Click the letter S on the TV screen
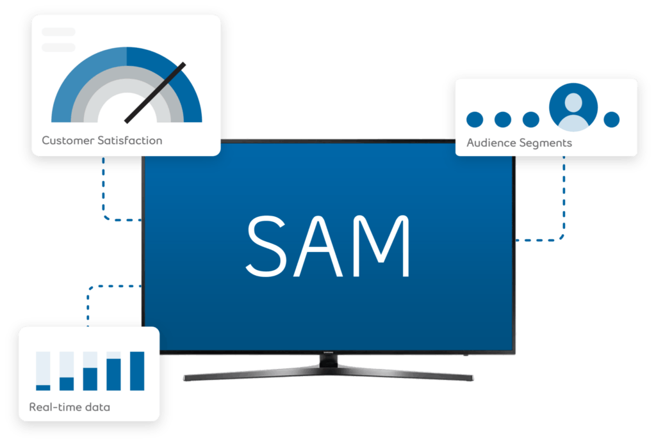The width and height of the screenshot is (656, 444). point(266,246)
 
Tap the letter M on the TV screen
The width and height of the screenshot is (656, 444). point(381,246)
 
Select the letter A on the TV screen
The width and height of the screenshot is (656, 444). point(318,246)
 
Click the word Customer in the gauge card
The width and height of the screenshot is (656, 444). point(68,140)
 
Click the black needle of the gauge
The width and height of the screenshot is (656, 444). point(155,93)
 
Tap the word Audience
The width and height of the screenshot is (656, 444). point(491,143)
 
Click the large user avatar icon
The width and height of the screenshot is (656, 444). point(573,107)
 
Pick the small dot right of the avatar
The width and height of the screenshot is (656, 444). point(612,120)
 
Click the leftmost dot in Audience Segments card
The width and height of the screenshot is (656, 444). point(475,120)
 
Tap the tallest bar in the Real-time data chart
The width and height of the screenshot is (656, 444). point(137,371)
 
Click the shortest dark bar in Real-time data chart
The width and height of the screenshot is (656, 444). point(43,388)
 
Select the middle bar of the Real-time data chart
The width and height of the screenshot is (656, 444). point(90,379)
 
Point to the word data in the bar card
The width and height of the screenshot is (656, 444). point(97,408)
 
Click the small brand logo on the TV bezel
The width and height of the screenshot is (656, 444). point(329,353)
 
